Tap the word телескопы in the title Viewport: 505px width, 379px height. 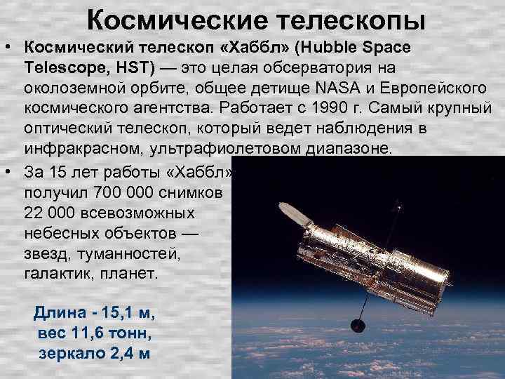point(343,20)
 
